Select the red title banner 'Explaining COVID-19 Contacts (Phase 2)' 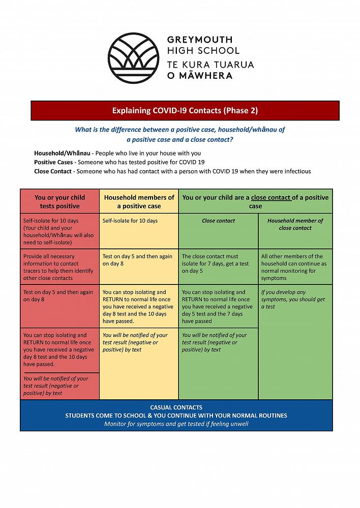(185, 110)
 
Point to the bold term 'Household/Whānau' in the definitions (62, 153)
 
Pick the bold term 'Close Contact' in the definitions (53, 171)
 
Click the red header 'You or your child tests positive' (60, 202)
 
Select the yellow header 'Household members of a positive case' (139, 202)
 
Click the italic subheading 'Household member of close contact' (295, 224)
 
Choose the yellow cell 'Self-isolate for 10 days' (130, 221)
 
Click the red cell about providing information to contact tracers (59, 267)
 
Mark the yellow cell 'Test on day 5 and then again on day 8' (137, 260)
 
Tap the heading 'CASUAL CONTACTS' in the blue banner (176, 407)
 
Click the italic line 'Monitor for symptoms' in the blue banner (176, 424)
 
